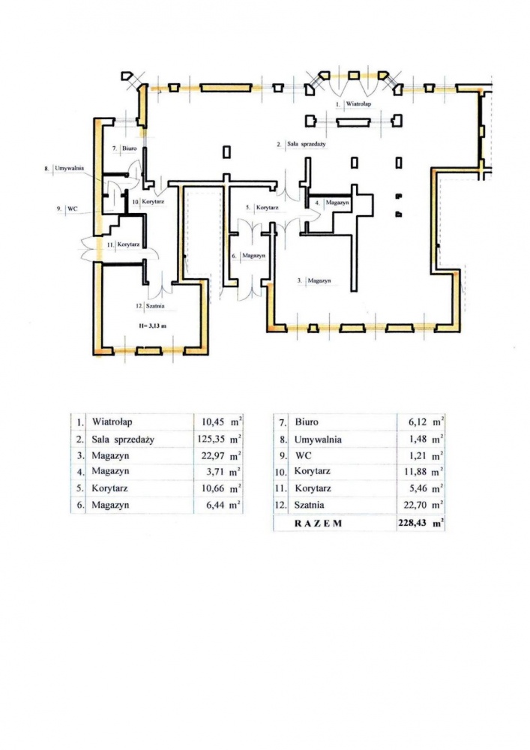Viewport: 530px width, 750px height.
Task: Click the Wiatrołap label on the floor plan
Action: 358,103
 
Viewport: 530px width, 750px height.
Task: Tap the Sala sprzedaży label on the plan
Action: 307,143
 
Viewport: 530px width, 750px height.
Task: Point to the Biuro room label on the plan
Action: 129,148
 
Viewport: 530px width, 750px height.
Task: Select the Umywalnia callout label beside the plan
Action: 70,168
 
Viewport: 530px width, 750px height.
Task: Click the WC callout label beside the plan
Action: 73,208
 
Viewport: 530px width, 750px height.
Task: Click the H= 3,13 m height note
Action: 152,325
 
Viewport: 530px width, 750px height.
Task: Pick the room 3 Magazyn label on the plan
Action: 319,280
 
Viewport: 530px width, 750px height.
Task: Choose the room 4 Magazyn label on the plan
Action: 337,202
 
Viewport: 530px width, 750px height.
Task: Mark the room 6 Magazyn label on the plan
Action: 254,256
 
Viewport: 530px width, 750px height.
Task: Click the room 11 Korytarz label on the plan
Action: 128,244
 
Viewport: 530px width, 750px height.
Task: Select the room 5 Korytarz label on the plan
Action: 268,208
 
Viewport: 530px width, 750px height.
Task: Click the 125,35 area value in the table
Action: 211,439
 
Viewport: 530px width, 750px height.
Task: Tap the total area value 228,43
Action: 412,523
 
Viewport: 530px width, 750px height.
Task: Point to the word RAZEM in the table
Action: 319,523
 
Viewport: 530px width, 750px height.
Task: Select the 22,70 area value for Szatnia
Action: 415,505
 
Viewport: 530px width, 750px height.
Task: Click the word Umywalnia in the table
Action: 318,439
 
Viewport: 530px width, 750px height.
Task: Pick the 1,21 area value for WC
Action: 418,456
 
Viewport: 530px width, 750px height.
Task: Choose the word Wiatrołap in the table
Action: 112,421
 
